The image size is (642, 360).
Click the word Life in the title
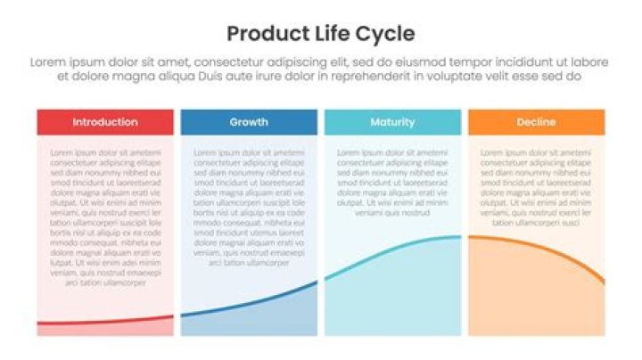[x=326, y=35]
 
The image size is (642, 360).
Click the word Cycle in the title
[x=383, y=35]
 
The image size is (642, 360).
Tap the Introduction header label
[x=105, y=122]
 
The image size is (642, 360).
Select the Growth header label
[x=249, y=122]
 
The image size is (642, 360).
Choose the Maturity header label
[x=392, y=122]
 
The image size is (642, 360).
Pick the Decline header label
[x=536, y=122]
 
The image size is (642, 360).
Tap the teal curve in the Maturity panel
[x=392, y=252]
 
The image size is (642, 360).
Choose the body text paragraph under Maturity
[x=392, y=183]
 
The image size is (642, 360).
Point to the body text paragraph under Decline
[x=536, y=187]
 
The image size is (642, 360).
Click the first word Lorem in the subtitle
[x=47, y=62]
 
